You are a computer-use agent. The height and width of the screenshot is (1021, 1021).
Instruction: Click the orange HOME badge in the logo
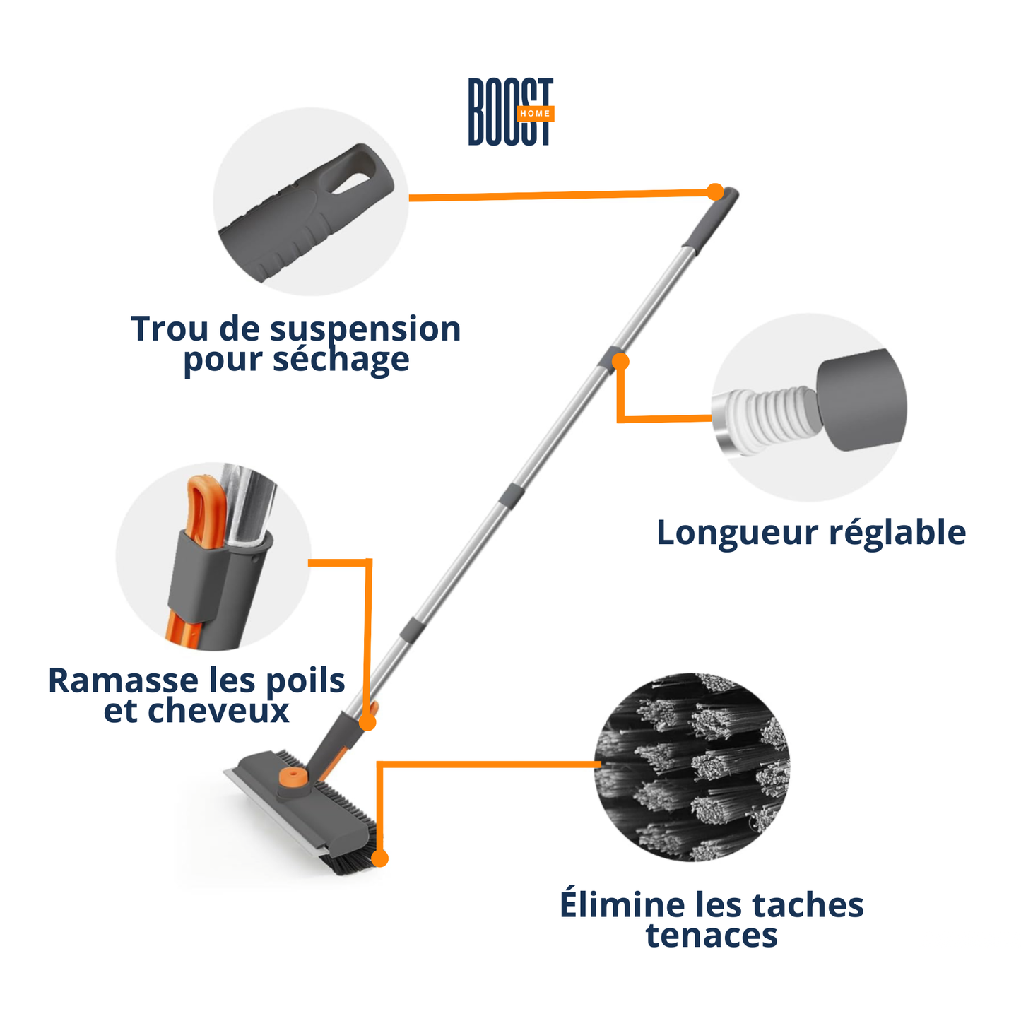pyautogui.click(x=535, y=114)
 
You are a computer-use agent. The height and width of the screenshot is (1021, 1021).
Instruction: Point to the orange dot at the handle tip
pyautogui.click(x=715, y=191)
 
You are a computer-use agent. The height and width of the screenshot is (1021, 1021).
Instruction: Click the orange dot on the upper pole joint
pyautogui.click(x=620, y=362)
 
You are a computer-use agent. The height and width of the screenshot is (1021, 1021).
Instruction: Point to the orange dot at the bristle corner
pyautogui.click(x=380, y=858)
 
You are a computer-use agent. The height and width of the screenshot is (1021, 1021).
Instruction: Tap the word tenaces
pyautogui.click(x=711, y=936)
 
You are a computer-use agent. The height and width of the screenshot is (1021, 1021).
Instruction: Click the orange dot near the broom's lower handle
pyautogui.click(x=367, y=722)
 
